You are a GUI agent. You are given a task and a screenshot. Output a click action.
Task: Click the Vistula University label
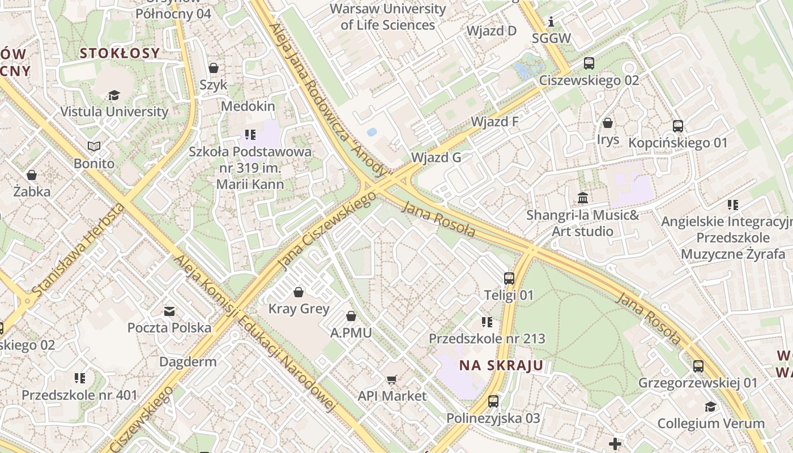click(x=114, y=112)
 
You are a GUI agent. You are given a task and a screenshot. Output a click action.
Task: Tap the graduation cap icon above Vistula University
click(x=114, y=95)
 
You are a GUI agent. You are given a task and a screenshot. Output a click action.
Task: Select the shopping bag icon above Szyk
click(x=214, y=68)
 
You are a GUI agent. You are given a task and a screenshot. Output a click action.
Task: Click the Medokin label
click(x=248, y=106)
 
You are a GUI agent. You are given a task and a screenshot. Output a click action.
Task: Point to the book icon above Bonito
click(x=94, y=147)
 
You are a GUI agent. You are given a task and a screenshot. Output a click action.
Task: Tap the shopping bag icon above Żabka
click(x=32, y=175)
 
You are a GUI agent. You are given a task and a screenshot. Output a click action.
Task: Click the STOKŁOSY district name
click(x=120, y=53)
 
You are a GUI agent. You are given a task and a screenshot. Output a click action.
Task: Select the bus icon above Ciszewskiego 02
click(x=589, y=63)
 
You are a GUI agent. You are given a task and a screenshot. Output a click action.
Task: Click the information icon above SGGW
click(x=551, y=22)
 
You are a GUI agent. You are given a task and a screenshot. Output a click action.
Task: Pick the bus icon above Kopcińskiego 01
click(x=678, y=126)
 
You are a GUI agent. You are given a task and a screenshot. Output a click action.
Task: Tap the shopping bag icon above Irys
click(x=608, y=123)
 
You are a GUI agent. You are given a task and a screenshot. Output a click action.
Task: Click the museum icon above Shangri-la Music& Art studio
click(x=582, y=198)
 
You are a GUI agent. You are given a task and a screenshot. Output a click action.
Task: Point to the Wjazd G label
click(x=436, y=157)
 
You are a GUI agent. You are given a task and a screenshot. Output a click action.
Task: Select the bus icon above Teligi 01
click(x=509, y=279)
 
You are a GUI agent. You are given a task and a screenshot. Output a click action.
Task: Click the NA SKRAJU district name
click(x=501, y=365)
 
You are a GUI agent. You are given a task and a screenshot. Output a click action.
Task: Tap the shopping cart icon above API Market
click(x=391, y=379)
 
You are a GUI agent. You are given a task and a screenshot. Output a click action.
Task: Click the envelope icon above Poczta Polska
click(x=169, y=311)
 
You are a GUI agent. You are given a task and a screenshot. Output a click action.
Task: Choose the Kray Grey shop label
click(x=299, y=309)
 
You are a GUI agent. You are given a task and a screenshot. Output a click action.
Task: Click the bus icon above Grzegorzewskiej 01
click(x=698, y=366)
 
